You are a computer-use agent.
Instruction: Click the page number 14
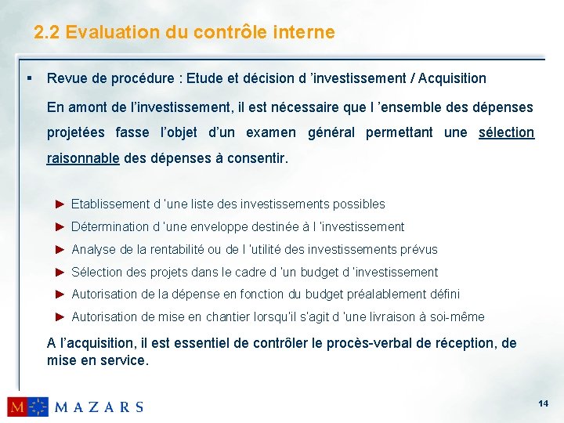[x=544, y=403]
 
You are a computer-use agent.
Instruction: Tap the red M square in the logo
[x=18, y=406]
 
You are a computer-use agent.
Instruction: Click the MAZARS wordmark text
[x=99, y=407]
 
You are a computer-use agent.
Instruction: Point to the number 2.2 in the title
[x=47, y=32]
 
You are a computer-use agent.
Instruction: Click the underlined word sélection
[x=506, y=132]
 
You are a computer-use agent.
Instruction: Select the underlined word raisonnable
[x=83, y=158]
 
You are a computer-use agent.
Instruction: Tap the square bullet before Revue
[x=28, y=78]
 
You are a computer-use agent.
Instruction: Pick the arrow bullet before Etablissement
[x=60, y=204]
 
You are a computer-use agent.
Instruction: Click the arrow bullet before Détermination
[x=60, y=226]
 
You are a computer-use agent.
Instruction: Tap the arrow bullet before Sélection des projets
[x=60, y=272]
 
